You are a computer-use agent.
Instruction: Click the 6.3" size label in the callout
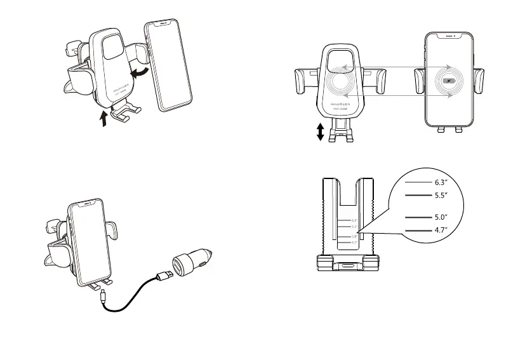click(442, 182)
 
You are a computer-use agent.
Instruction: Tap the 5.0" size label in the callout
click(442, 217)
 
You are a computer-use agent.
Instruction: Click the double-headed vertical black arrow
click(321, 131)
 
